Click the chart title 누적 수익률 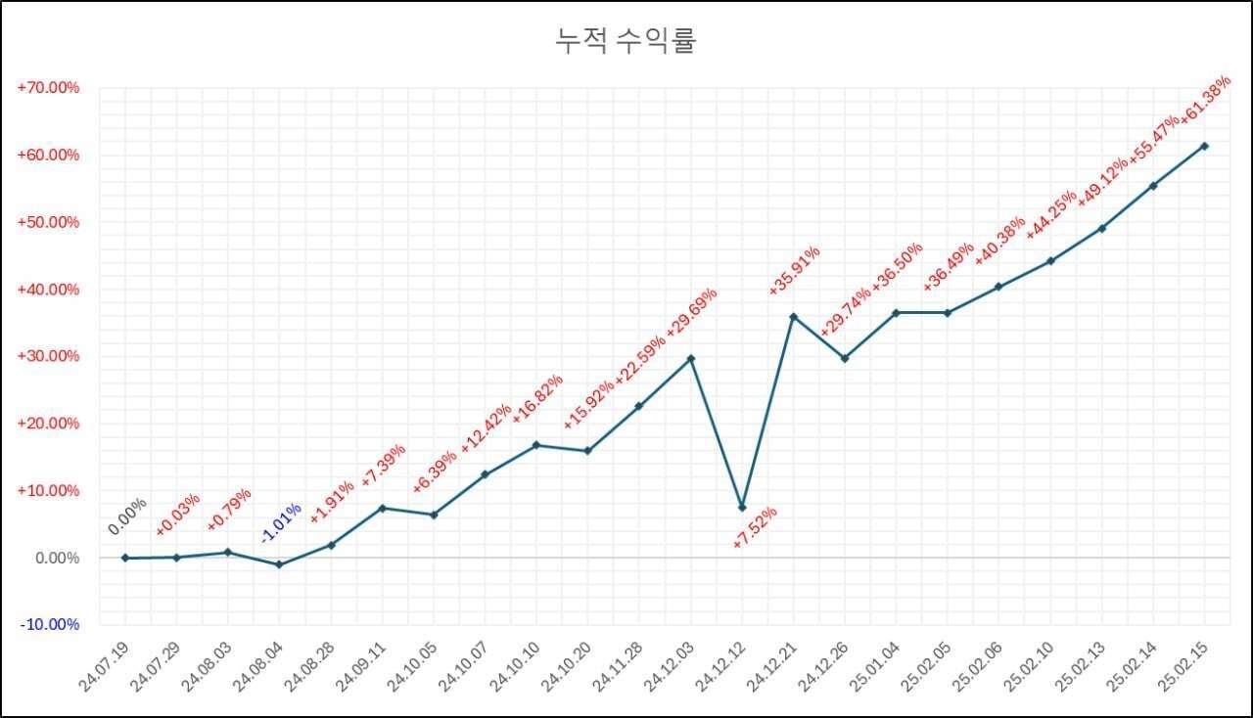pos(626,41)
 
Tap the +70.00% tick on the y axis pos(48,88)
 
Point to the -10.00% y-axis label pos(48,624)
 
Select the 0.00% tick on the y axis pos(55,558)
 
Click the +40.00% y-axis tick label pos(48,290)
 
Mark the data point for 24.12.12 pos(742,507)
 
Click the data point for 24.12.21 pos(793,317)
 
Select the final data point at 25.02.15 pos(1204,146)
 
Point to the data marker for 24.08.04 pos(279,564)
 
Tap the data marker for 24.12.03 pos(691,358)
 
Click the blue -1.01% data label pos(281,522)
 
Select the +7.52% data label pos(755,526)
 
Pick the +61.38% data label pos(1204,100)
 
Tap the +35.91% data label pos(794,270)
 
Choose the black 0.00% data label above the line pos(127,516)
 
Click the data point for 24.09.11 pos(382,508)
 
